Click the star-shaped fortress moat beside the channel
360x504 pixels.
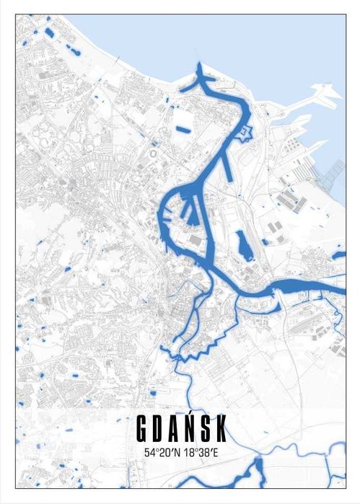click(245, 133)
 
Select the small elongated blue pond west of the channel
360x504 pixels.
click(183, 130)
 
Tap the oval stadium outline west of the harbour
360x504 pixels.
click(154, 154)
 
